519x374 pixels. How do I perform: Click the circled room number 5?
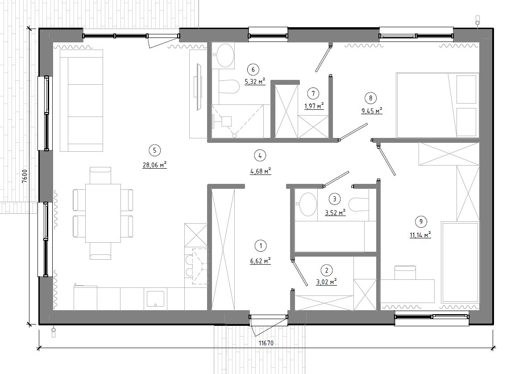point(154,150)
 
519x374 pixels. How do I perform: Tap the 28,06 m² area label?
point(154,165)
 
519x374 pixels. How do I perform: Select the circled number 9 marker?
point(421,222)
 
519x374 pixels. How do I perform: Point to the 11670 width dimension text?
point(266,343)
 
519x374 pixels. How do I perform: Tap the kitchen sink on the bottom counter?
point(156,299)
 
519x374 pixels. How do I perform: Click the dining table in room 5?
point(103,213)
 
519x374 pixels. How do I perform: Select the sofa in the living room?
point(81,100)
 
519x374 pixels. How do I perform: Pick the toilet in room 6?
point(229,87)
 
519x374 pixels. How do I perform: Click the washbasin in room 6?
point(224,55)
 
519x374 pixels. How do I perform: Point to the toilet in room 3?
point(359,204)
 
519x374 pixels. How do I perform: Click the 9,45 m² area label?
point(372,111)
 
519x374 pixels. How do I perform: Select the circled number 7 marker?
point(313,94)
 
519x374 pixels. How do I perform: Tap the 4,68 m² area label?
point(261,171)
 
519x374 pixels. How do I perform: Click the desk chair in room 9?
point(405,273)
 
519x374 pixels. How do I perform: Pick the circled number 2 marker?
point(327,270)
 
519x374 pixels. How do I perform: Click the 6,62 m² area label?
point(261,261)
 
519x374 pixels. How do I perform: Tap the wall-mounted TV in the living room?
point(199,86)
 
